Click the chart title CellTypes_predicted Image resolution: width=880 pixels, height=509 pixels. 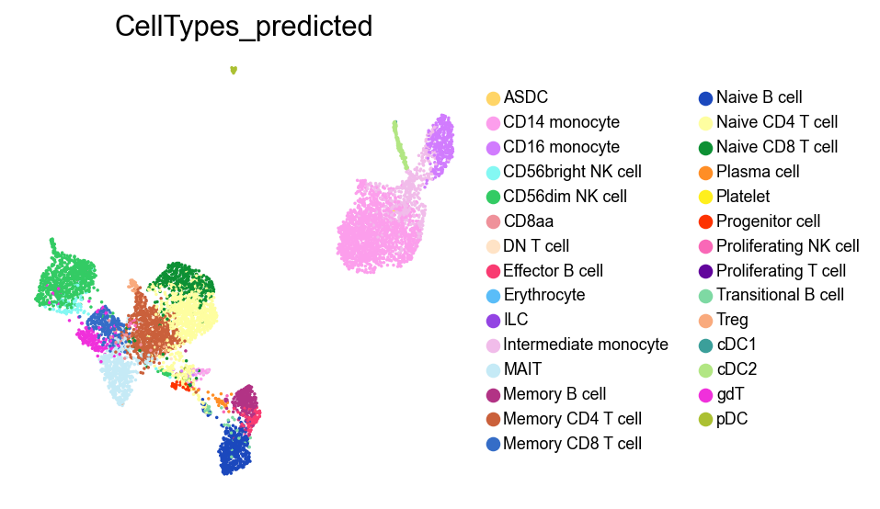(x=244, y=28)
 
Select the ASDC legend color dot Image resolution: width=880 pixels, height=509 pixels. (x=493, y=97)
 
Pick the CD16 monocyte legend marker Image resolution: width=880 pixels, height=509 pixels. (x=493, y=147)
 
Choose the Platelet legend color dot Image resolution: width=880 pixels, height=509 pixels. (x=705, y=197)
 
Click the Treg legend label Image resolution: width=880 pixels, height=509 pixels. (x=732, y=321)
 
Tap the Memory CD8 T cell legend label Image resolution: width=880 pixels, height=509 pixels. (x=572, y=445)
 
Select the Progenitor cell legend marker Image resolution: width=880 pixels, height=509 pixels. (x=705, y=221)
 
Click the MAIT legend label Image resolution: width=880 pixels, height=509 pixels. (x=522, y=370)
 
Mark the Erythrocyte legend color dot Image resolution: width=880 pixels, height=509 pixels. (x=493, y=296)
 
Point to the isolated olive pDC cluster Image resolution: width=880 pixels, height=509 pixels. (x=234, y=70)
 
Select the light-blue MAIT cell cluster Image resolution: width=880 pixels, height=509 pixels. (x=119, y=377)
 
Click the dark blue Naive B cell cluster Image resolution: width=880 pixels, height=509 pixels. (x=237, y=449)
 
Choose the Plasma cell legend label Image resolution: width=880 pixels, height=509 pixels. (x=758, y=172)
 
